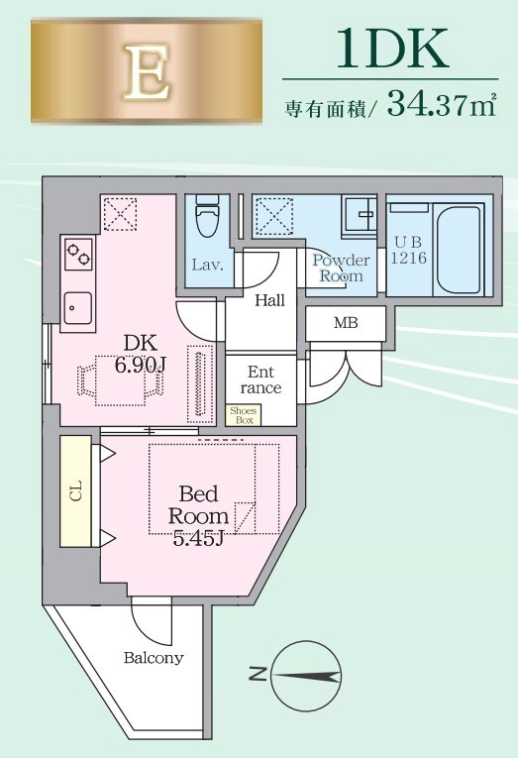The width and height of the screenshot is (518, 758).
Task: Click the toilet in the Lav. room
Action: pos(207,221)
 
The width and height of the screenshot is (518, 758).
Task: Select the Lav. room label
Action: pos(207,266)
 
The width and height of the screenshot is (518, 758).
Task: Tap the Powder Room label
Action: pos(341,269)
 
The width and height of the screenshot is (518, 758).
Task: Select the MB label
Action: pos(345,323)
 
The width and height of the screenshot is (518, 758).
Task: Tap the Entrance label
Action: pos(260,379)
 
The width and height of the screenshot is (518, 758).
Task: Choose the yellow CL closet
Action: pos(75,490)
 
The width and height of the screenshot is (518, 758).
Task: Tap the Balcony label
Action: pos(154,658)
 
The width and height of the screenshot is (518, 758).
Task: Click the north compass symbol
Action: pos(298,677)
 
